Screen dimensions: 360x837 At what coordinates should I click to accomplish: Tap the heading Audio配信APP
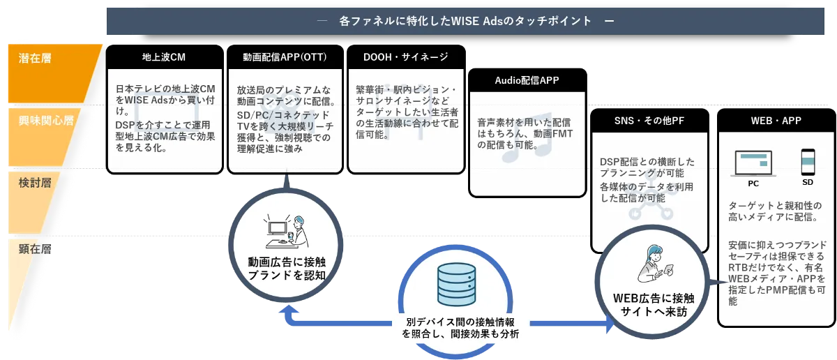(527, 80)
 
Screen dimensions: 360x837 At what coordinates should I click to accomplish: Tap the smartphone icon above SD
(808, 162)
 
